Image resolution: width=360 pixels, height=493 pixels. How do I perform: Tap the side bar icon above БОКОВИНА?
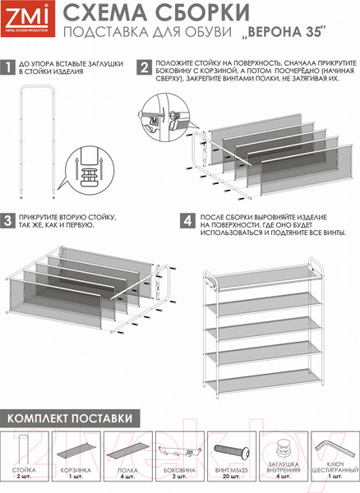[x=175, y=453]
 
